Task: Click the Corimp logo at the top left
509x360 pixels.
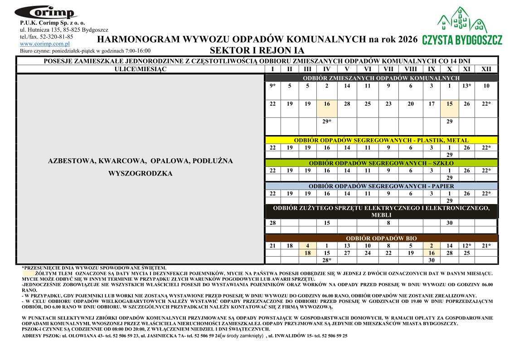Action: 46,12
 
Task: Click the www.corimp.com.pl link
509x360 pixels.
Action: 44,44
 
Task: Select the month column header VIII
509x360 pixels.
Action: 411,69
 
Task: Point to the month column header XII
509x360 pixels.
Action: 486,69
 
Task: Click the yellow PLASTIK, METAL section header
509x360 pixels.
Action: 381,140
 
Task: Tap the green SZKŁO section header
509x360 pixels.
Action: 381,163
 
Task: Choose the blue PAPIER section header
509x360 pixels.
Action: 381,186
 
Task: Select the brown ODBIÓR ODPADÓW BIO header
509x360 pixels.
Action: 381,238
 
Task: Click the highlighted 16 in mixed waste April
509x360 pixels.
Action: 327,104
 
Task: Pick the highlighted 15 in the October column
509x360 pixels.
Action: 449,104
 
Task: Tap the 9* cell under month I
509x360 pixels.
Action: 272,86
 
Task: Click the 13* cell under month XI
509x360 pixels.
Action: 466,86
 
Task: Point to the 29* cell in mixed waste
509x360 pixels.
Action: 327,122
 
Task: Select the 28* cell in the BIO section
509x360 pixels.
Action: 327,260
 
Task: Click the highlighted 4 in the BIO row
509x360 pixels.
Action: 307,245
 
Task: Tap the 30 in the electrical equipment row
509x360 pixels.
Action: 449,223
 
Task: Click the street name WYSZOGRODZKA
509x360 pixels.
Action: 141,173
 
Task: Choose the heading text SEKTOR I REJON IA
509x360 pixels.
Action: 257,50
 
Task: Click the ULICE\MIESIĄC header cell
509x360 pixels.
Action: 141,69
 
